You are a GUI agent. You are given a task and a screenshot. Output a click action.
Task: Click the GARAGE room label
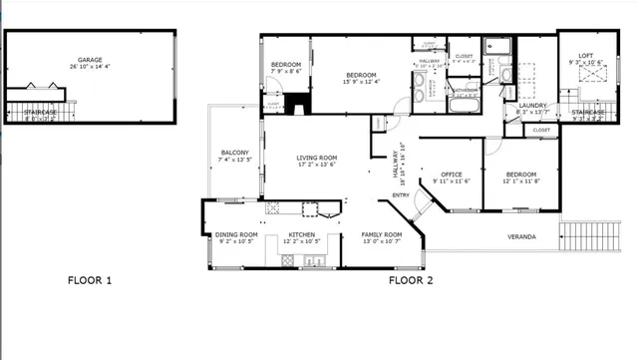point(91,60)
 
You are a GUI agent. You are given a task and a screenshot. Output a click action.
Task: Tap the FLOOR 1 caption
point(89,280)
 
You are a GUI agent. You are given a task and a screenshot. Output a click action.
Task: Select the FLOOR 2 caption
point(411,280)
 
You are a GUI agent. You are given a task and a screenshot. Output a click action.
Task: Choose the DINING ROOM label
point(236,235)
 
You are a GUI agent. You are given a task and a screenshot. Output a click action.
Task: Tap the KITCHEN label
point(288,235)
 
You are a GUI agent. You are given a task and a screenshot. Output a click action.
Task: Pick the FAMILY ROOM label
point(381,235)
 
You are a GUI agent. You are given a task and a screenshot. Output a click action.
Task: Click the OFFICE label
point(452,175)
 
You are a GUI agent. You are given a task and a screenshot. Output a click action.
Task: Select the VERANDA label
point(521,236)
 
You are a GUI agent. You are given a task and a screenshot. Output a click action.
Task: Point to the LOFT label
point(587,55)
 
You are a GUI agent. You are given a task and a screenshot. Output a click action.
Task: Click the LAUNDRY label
point(531,105)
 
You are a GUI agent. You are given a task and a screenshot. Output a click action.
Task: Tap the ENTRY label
point(400,194)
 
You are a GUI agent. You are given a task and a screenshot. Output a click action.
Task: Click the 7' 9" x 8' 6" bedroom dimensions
point(286,72)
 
